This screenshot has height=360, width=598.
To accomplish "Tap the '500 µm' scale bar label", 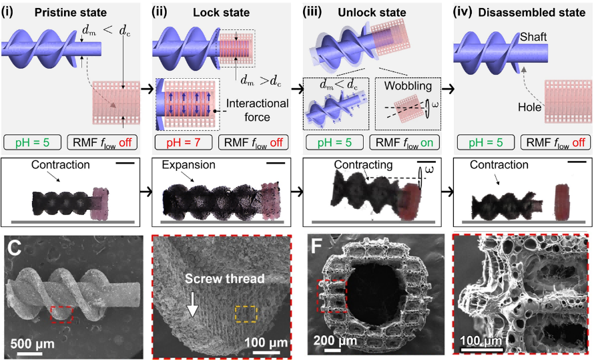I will point(32,345).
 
